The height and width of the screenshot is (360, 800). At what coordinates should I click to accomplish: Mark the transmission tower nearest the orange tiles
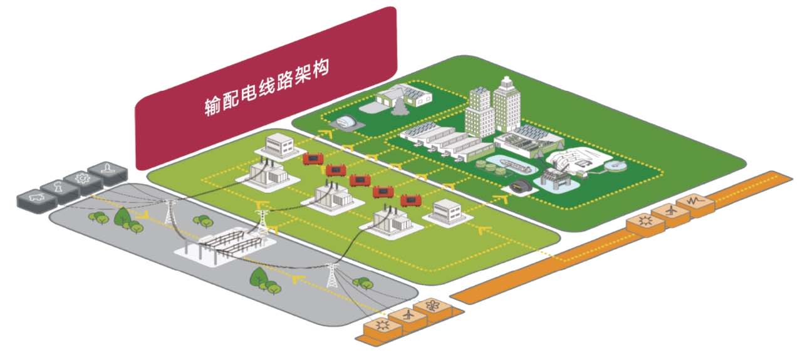point(331,275)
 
